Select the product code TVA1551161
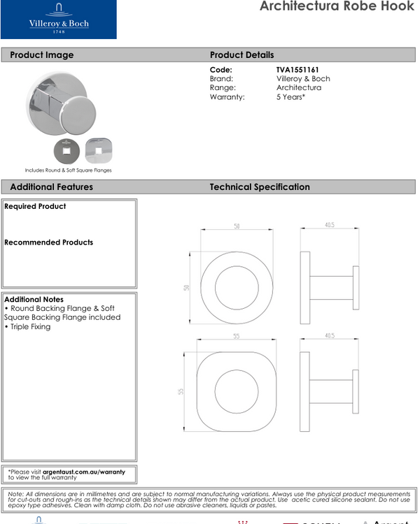coord(297,70)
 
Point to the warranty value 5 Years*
coord(290,97)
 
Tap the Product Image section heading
coord(41,55)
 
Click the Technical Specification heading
coord(260,187)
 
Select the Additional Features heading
coord(51,187)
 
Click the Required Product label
coord(35,207)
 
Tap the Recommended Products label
coord(48,242)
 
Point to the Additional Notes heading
coord(33,299)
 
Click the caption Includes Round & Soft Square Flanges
coord(68,170)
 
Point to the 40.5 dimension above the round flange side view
coord(329,225)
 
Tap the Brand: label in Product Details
coord(222,79)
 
